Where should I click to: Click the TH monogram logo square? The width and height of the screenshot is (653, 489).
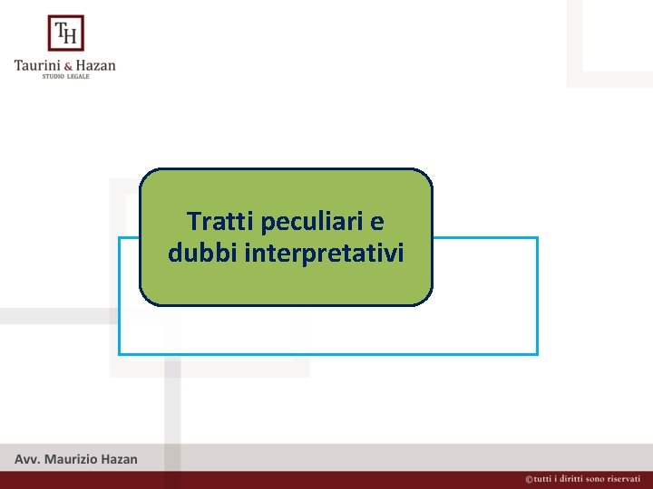(65, 34)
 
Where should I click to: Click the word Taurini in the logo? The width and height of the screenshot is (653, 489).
(36, 65)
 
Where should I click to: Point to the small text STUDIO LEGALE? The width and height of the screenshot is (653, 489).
(65, 77)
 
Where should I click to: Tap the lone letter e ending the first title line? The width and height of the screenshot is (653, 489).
(377, 221)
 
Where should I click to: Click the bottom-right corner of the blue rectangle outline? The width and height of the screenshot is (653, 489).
(537, 353)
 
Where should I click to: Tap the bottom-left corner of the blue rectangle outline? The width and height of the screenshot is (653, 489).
(120, 353)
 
